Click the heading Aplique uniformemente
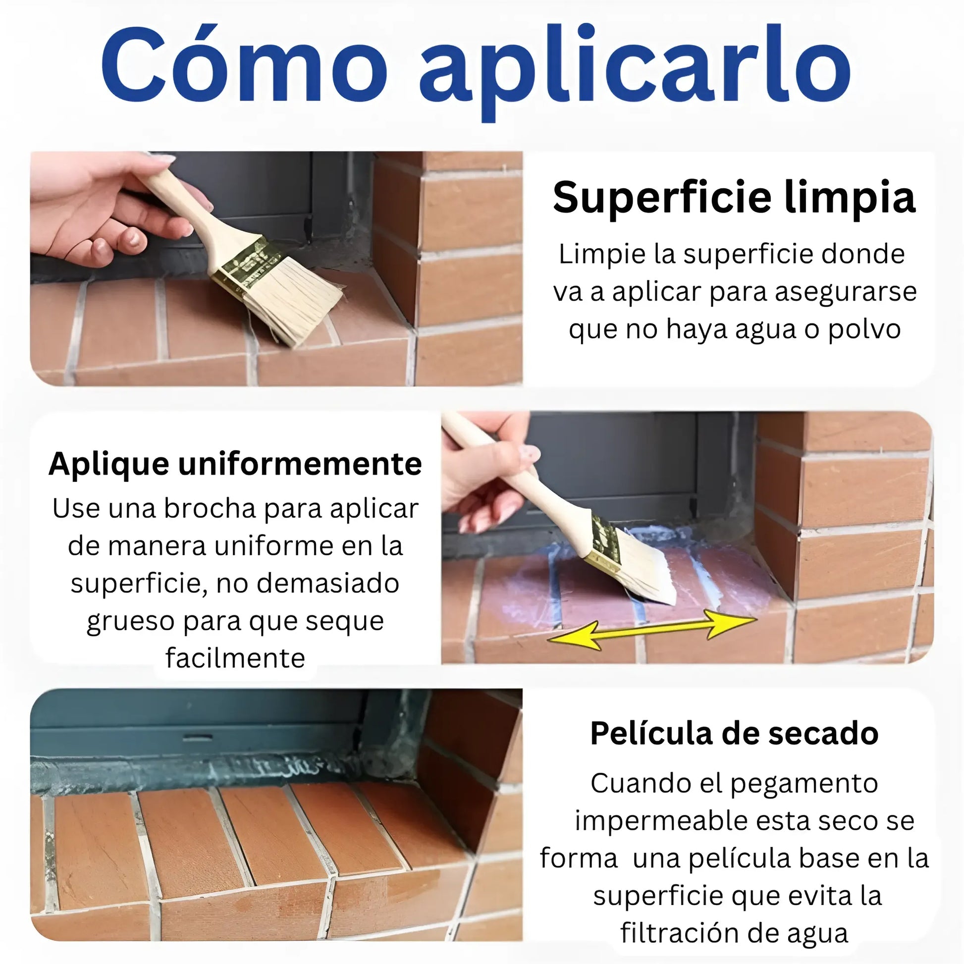[x=235, y=465]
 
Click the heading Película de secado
[x=735, y=734]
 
